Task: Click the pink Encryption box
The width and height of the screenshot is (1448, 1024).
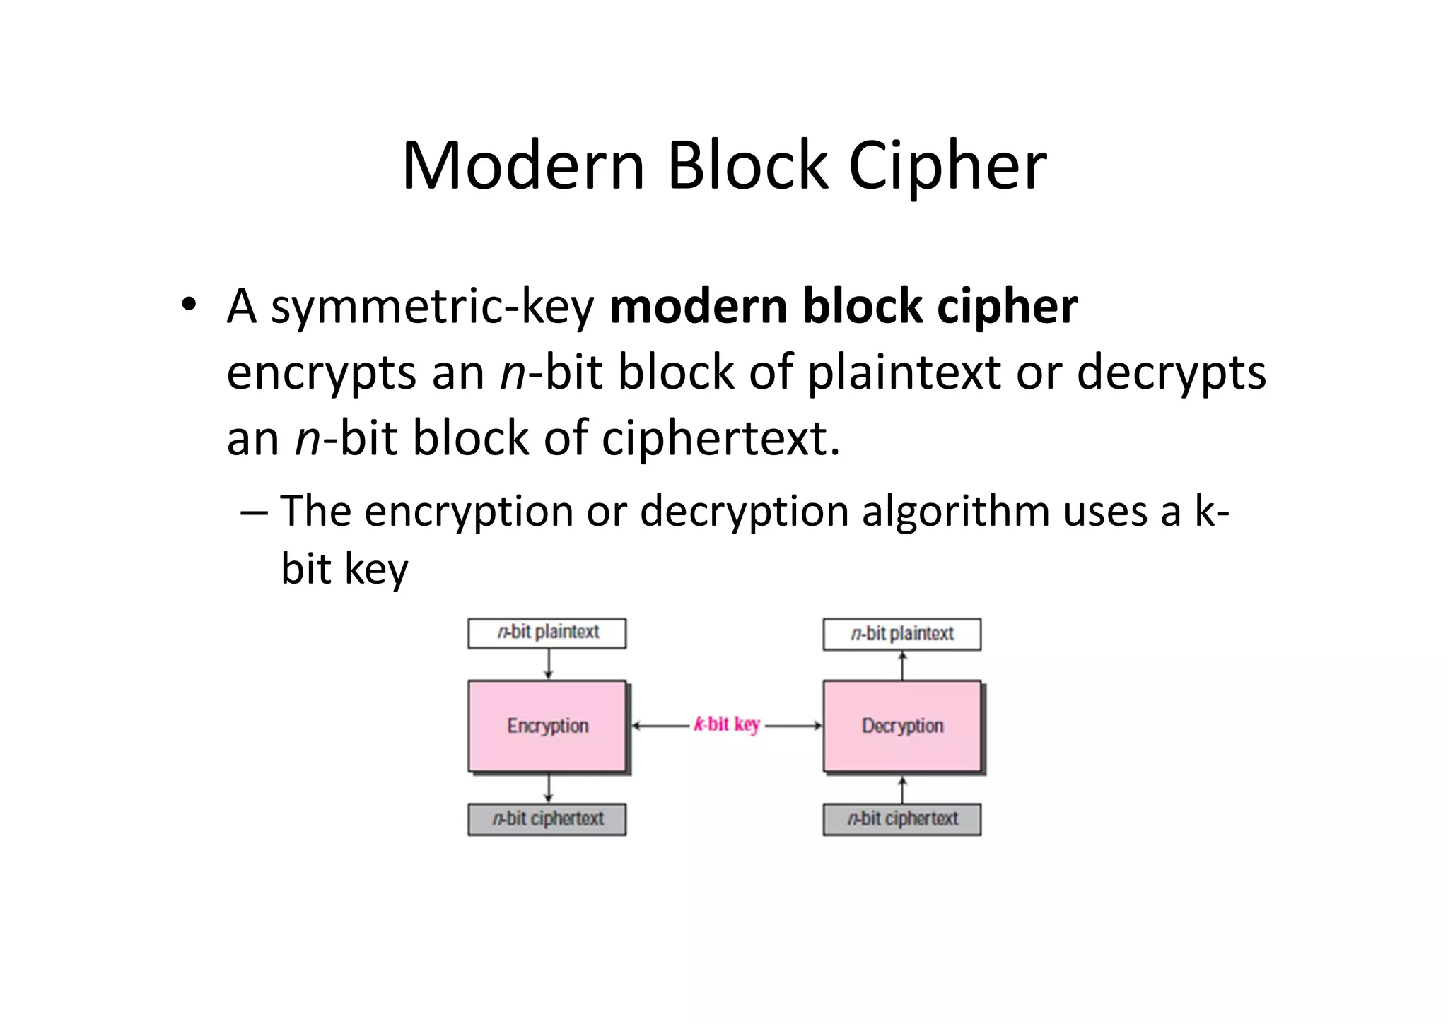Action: pos(547,726)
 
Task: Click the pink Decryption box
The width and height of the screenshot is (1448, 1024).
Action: pos(902,726)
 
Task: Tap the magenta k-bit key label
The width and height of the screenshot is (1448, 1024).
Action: pos(727,724)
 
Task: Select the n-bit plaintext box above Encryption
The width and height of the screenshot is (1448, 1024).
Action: pos(547,632)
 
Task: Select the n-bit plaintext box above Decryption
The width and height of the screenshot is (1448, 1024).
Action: pos(902,634)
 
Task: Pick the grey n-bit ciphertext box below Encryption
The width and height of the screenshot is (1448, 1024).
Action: pos(547,819)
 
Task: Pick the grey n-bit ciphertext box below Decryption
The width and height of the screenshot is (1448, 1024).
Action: pos(902,819)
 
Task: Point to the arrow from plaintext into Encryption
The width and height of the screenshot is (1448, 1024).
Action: pos(549,664)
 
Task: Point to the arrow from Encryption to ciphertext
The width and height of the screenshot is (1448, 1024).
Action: pos(549,788)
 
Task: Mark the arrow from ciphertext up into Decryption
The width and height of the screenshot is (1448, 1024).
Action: pos(902,789)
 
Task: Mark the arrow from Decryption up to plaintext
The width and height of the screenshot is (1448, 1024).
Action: pos(902,666)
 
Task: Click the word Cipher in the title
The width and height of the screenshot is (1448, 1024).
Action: pos(947,166)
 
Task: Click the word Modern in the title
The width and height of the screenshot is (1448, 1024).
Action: pos(523,166)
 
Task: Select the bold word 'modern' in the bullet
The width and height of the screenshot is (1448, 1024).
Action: pos(698,307)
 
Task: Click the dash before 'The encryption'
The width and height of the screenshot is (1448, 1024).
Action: pos(254,512)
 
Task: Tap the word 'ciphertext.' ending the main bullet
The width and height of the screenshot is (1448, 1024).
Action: pos(720,438)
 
